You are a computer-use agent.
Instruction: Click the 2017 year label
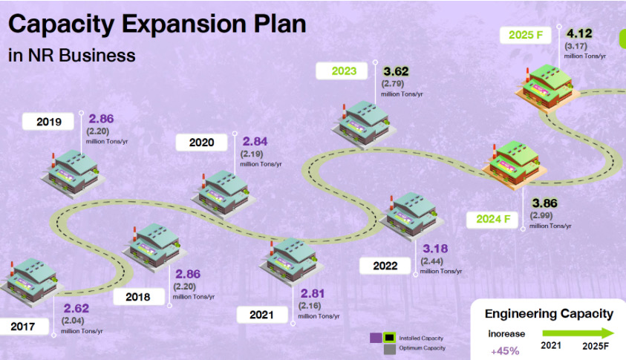[23, 327]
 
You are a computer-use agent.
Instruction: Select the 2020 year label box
[202, 142]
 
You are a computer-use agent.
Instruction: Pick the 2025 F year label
[526, 35]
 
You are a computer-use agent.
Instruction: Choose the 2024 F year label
[492, 219]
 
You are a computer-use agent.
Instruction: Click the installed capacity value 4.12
[579, 33]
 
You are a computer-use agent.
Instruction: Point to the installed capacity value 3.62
[396, 71]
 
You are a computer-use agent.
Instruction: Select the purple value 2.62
[76, 309]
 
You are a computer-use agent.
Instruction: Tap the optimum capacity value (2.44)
[432, 261]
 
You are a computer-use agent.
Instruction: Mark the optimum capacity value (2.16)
[310, 306]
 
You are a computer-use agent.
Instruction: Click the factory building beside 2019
[73, 174]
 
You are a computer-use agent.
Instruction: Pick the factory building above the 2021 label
[291, 262]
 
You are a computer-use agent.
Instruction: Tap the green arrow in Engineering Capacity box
[578, 333]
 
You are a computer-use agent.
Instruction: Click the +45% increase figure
[505, 351]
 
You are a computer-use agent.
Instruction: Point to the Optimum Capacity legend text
[422, 348]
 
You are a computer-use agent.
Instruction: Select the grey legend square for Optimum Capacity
[390, 349]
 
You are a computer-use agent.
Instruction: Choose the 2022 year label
[385, 266]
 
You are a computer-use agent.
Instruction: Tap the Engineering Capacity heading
[549, 315]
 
